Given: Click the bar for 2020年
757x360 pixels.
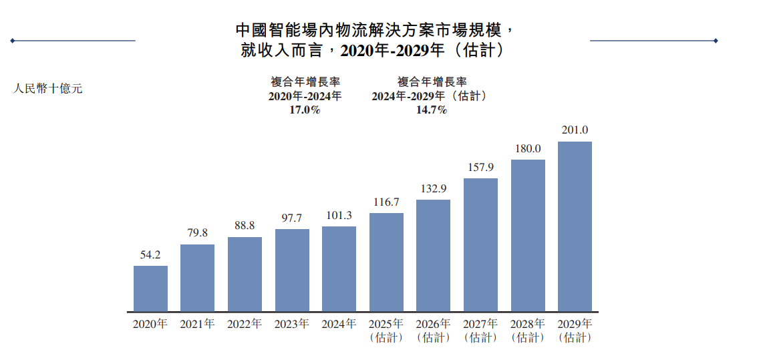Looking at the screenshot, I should (x=150, y=289).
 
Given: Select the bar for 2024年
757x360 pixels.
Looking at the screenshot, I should (x=339, y=269).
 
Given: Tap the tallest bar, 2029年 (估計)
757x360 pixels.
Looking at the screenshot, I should (x=575, y=226).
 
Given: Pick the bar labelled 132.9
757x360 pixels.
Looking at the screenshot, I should (x=433, y=256).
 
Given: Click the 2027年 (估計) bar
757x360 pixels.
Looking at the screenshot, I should (x=480, y=245).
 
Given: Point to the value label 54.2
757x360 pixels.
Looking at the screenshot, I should (x=150, y=254).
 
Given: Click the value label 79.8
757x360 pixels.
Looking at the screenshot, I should (x=197, y=233).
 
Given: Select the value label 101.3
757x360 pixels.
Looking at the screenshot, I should (x=339, y=215).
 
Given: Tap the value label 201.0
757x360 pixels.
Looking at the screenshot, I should (x=575, y=130).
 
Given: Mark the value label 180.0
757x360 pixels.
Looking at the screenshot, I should (x=528, y=148).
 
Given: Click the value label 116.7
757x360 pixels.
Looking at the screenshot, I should (x=386, y=202).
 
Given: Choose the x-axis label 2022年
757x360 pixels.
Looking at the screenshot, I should (x=245, y=324).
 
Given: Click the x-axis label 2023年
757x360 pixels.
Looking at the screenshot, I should (x=291, y=324).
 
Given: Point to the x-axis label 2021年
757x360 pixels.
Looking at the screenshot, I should (x=197, y=324).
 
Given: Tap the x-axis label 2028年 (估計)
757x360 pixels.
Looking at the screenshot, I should (x=528, y=331).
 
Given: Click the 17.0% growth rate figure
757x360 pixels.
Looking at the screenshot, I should (x=305, y=110).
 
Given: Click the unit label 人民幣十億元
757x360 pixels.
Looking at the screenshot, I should (x=48, y=88).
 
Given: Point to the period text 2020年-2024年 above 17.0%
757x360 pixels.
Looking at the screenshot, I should (x=305, y=96).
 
